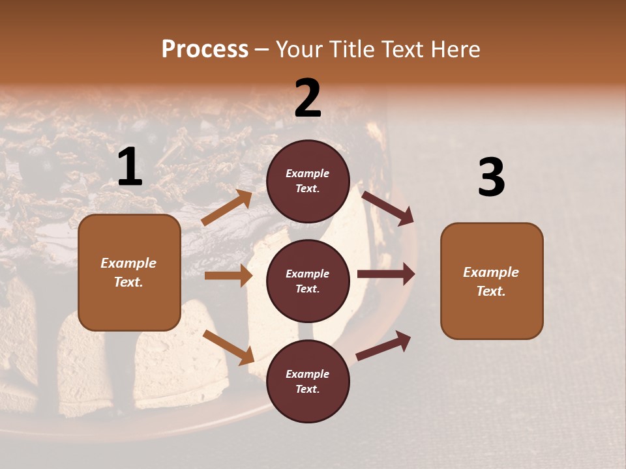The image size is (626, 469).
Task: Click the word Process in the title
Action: click(205, 50)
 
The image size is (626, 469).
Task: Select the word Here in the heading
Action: click(455, 50)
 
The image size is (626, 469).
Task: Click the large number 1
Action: click(130, 167)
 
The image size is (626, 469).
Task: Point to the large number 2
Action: click(308, 98)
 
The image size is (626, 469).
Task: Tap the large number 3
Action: click(491, 177)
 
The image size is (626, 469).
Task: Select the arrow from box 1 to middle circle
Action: click(228, 276)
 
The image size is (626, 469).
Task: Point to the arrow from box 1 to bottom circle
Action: click(228, 347)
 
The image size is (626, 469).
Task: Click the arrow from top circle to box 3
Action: click(388, 208)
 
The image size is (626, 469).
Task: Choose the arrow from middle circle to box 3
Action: click(386, 274)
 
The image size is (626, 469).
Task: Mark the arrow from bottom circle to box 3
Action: click(383, 346)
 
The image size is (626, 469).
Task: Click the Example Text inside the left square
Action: click(128, 272)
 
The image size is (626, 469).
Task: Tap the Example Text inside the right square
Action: click(491, 281)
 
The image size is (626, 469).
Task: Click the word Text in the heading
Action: click(404, 50)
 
